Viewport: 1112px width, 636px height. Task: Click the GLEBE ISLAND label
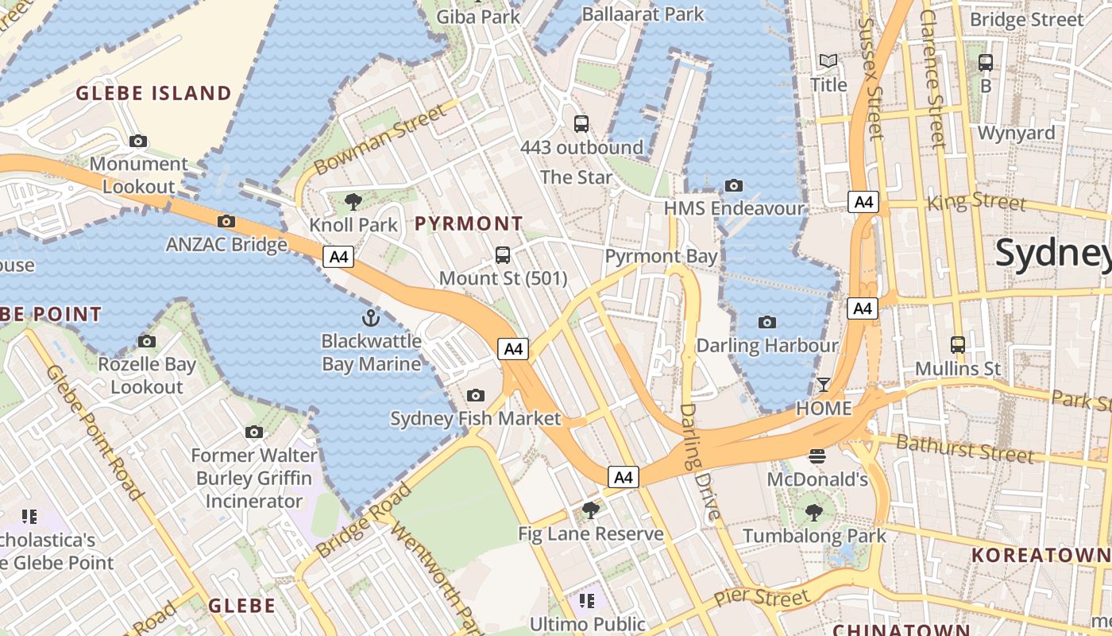(x=153, y=93)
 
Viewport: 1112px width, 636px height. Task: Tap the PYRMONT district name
(x=469, y=223)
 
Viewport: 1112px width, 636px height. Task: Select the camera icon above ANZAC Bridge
(x=226, y=221)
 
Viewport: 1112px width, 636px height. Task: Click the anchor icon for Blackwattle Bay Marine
(x=370, y=318)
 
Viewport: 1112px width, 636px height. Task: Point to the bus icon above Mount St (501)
(x=503, y=255)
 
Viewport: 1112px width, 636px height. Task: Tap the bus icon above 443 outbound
(x=581, y=124)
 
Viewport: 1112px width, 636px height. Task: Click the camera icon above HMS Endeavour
(x=734, y=185)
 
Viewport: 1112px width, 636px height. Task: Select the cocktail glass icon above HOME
(x=824, y=386)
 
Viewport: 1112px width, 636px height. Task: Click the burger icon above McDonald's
(x=817, y=456)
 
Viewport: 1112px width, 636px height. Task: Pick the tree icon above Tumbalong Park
(x=813, y=512)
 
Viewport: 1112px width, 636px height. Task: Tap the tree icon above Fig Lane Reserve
(x=590, y=510)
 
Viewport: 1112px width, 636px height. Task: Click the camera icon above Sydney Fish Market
(x=475, y=395)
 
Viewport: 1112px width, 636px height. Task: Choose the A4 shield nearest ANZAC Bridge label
(x=338, y=257)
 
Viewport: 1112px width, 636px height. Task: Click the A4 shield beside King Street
(x=863, y=202)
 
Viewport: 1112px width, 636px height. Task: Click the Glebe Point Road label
(x=94, y=432)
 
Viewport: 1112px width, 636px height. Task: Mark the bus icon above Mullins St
(x=958, y=345)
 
